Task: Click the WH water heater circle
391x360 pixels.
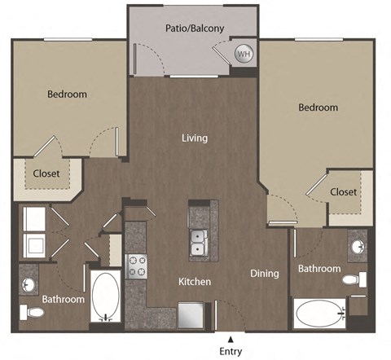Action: (x=243, y=54)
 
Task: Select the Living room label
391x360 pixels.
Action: (x=195, y=138)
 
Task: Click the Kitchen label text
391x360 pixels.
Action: (x=195, y=282)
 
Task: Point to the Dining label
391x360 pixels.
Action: (x=265, y=274)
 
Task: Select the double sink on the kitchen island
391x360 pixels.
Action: (x=198, y=242)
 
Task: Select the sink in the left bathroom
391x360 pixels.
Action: (x=29, y=286)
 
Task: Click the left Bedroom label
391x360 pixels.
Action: (x=67, y=94)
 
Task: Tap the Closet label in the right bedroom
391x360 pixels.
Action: (x=344, y=192)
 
